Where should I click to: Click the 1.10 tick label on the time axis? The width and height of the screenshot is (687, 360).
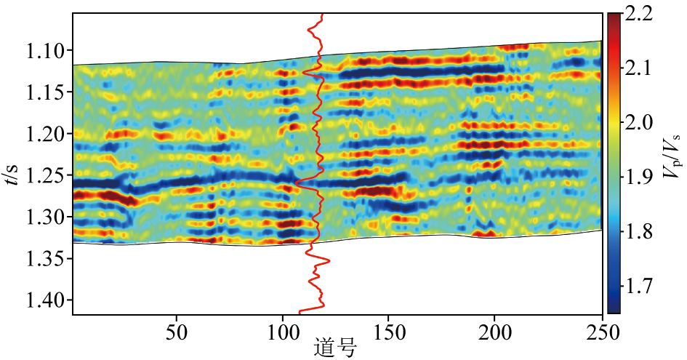[45, 50]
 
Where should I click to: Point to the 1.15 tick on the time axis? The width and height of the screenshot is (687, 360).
[45, 92]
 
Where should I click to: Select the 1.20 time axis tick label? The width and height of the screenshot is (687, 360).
[45, 134]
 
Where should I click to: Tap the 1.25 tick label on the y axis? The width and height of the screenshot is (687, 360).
[45, 175]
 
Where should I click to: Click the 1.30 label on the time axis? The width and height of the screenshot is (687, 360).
[45, 217]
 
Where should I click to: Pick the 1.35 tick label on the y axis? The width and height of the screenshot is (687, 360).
[45, 258]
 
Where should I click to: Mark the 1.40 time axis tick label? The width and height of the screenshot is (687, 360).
[45, 300]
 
